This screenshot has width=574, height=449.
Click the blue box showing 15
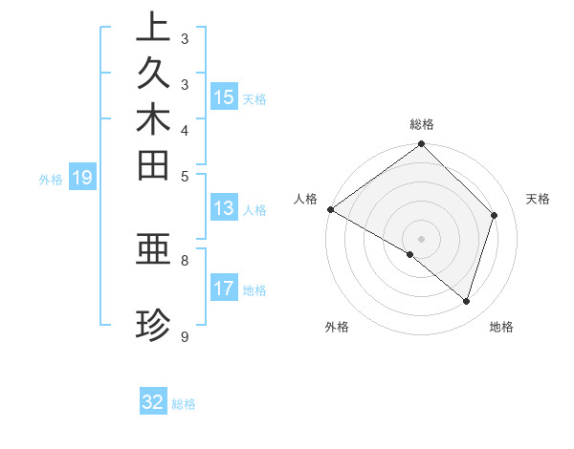[x=224, y=97]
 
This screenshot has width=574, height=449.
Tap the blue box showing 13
[x=224, y=209]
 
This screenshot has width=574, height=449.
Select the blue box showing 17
[x=224, y=289]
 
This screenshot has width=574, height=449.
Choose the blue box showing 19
[x=82, y=178]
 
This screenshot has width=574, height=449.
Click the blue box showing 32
[x=153, y=402]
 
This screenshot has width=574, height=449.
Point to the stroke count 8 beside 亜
[x=185, y=259]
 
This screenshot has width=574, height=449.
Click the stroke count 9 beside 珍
[x=185, y=337]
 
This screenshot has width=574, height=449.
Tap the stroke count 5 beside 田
[x=185, y=176]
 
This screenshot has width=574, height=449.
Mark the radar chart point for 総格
[x=422, y=145]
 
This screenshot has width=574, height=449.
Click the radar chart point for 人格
[x=330, y=209]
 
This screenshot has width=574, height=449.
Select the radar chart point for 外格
[x=410, y=254]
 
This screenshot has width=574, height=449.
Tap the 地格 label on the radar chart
[x=501, y=327]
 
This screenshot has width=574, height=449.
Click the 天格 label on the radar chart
[x=539, y=199]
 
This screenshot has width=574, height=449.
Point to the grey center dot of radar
[x=422, y=238]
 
